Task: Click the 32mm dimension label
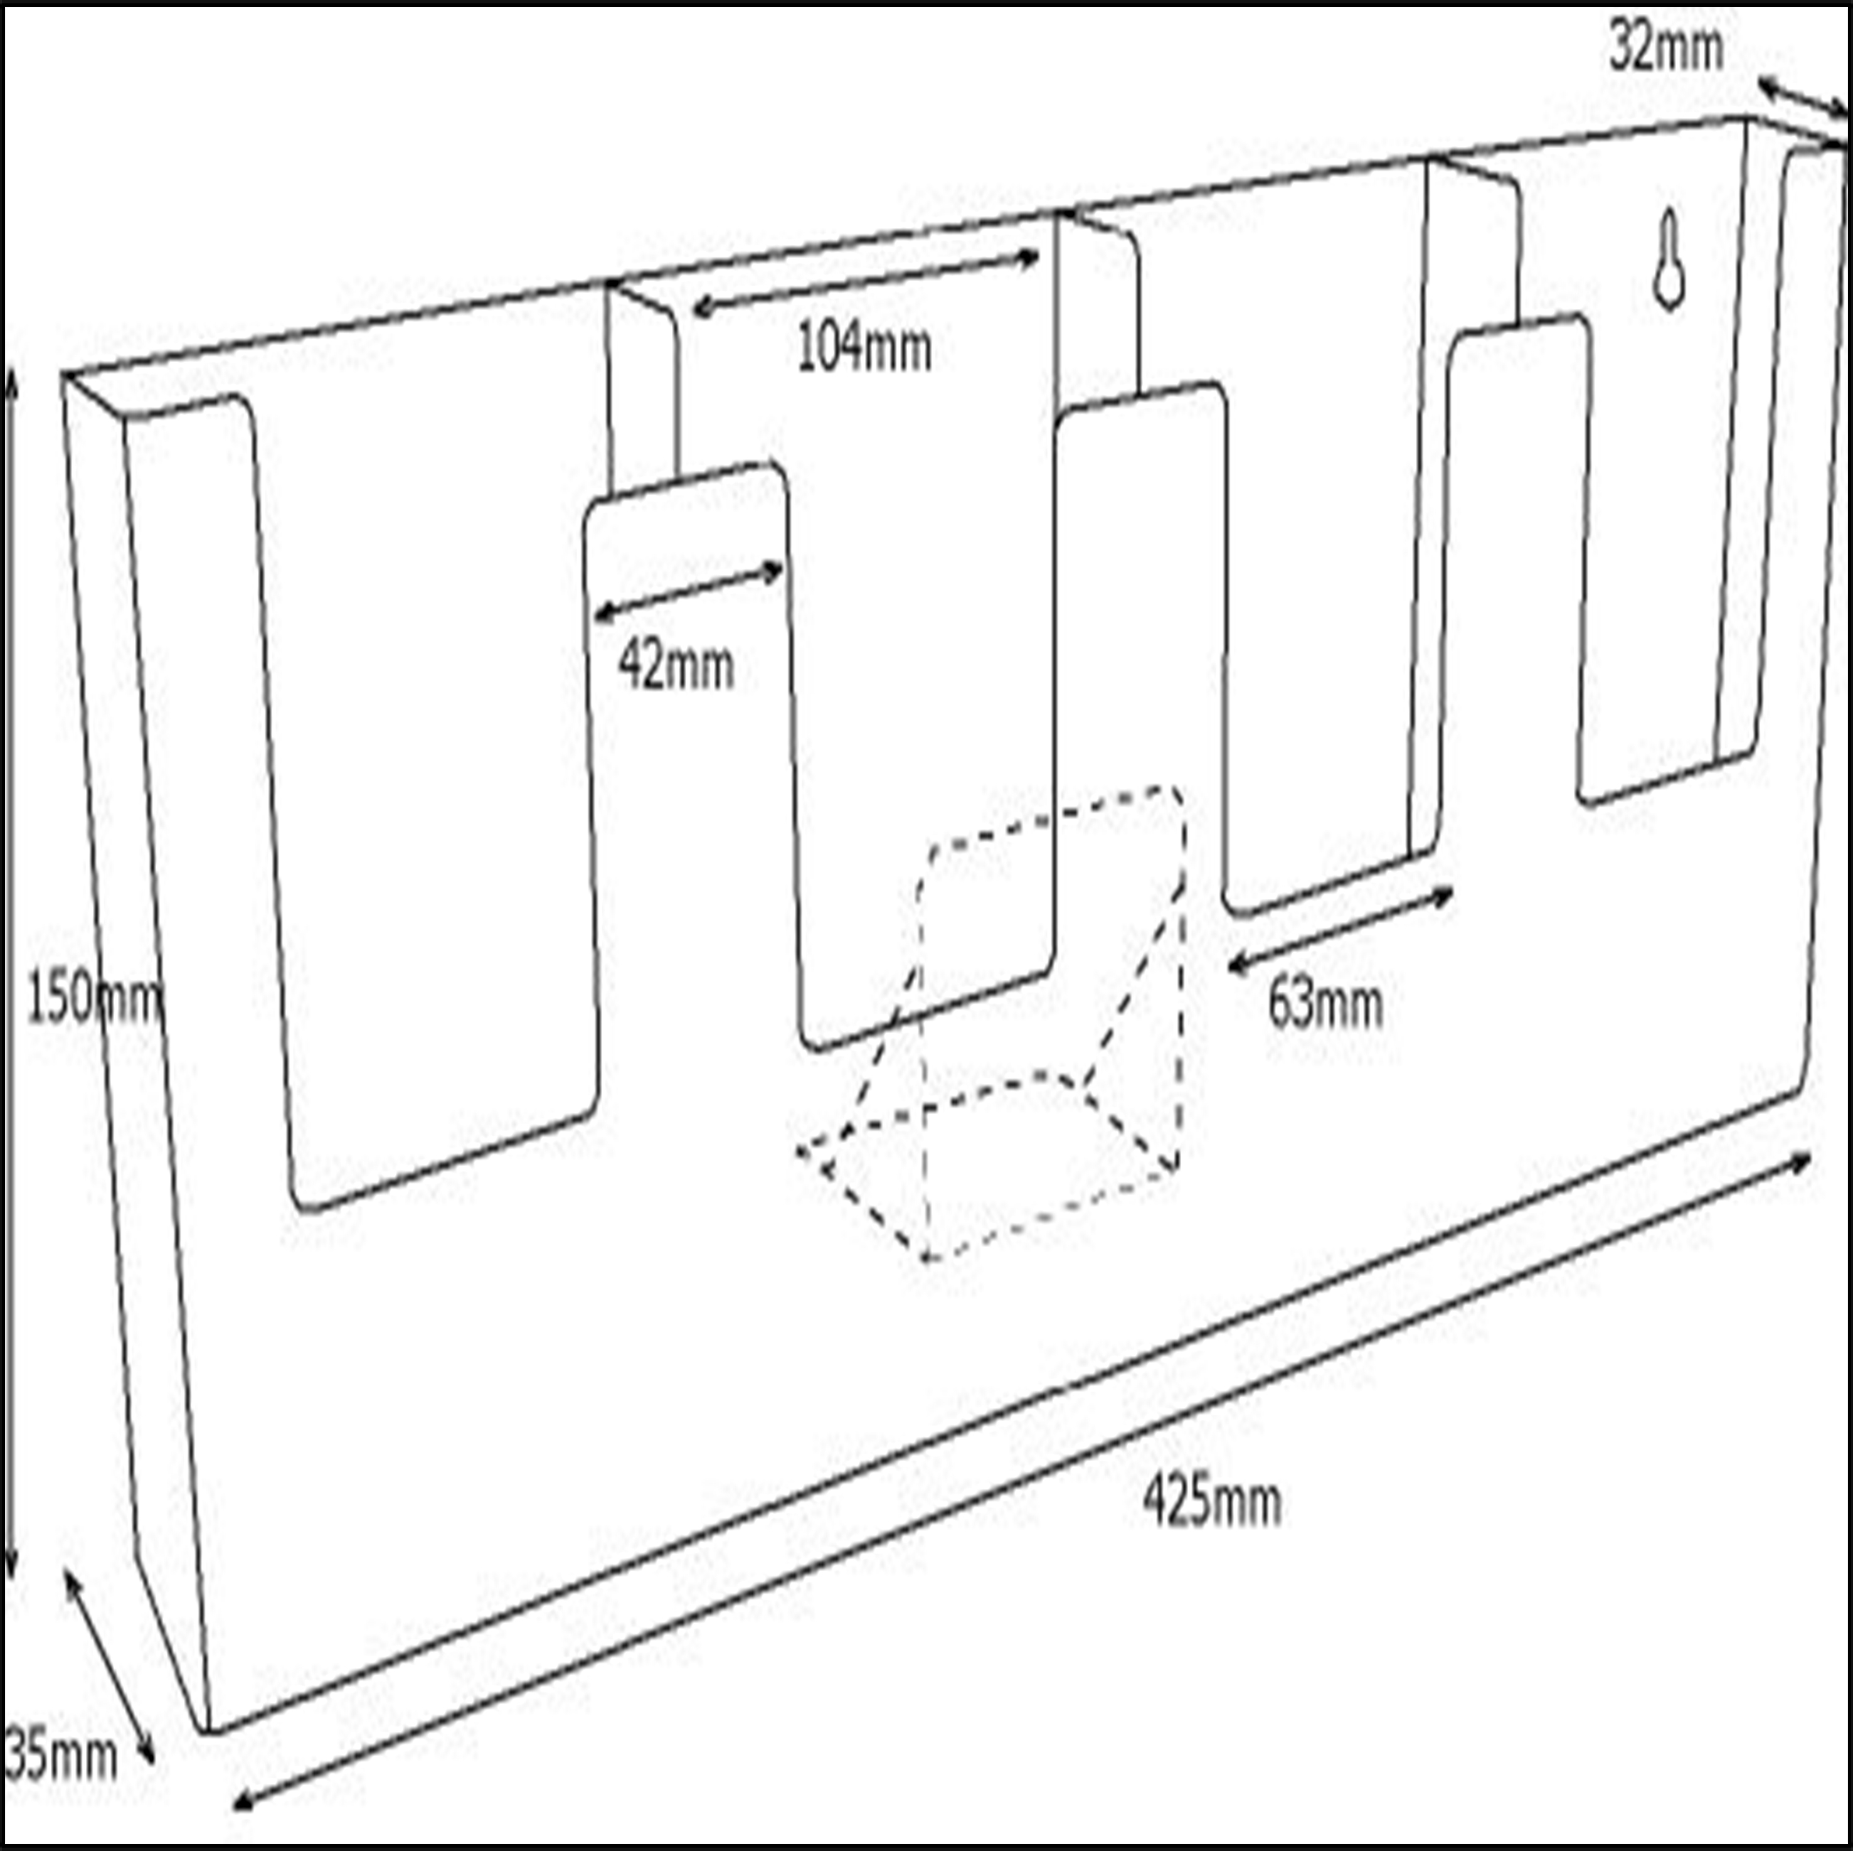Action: pyautogui.click(x=1666, y=48)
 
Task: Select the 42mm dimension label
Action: pyautogui.click(x=676, y=665)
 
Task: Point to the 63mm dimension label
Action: pyautogui.click(x=1325, y=1005)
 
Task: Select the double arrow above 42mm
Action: pyautogui.click(x=689, y=591)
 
